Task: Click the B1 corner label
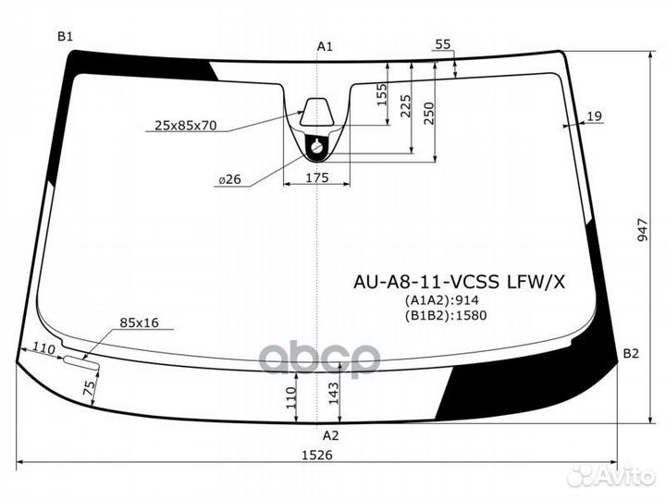point(65,36)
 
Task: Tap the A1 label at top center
point(325,45)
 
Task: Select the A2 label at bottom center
point(330,435)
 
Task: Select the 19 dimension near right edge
point(594,116)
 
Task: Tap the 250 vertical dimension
point(428,113)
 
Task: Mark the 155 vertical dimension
point(381,94)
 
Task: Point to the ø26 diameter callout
point(228,180)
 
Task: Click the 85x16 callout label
point(139,323)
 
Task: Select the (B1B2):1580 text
point(446,315)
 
